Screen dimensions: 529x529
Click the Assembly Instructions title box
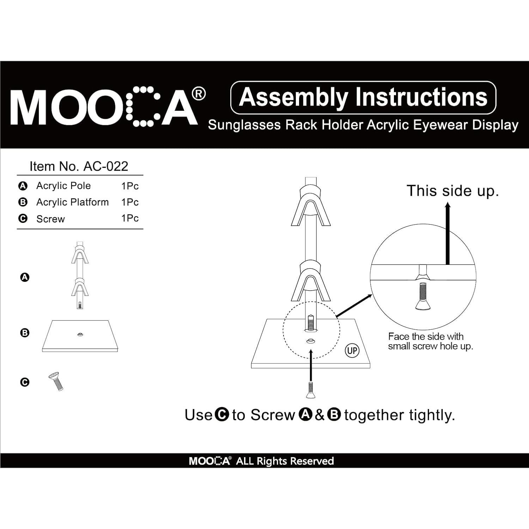coord(363,97)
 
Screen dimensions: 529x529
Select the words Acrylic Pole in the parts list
coord(63,186)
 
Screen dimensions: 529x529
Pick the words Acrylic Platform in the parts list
coord(72,202)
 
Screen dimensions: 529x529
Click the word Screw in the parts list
coord(50,219)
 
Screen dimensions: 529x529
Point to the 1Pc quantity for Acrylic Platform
coord(130,202)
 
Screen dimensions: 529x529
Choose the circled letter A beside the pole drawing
coord(25,277)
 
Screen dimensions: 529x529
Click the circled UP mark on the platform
coord(352,351)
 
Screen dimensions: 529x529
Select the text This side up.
coord(453,191)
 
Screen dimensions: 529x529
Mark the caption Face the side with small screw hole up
coord(430,341)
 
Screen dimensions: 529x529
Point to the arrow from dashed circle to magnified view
coord(354,306)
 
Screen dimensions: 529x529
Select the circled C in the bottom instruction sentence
coord(222,415)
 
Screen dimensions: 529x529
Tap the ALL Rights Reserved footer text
coord(285,461)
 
